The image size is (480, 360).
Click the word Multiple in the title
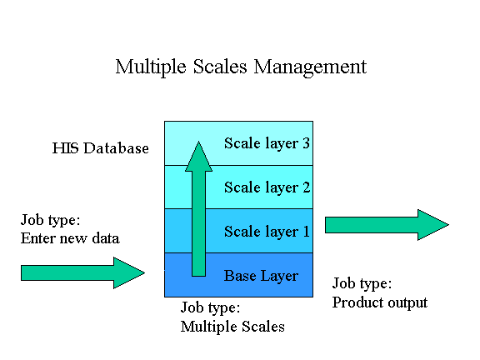pyautogui.click(x=151, y=67)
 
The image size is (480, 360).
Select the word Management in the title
pyautogui.click(x=310, y=67)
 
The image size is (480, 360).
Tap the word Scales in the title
pyautogui.click(x=220, y=67)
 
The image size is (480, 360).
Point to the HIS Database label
pyautogui.click(x=100, y=148)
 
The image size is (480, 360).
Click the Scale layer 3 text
pyautogui.click(x=267, y=144)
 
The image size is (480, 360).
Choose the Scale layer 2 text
pyautogui.click(x=267, y=187)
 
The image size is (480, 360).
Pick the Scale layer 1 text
pyautogui.click(x=267, y=232)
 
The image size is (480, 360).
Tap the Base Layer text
pyautogui.click(x=261, y=276)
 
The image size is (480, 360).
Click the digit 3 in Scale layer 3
pyautogui.click(x=306, y=143)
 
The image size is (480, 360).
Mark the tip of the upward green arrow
pyautogui.click(x=198, y=141)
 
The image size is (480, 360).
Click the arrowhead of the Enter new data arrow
pyautogui.click(x=129, y=272)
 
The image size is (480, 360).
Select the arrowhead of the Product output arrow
pyautogui.click(x=433, y=225)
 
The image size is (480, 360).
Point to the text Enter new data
pyautogui.click(x=70, y=238)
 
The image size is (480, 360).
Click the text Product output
pyautogui.click(x=380, y=302)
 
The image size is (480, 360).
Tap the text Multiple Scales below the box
pyautogui.click(x=232, y=327)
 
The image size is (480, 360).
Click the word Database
pyautogui.click(x=116, y=148)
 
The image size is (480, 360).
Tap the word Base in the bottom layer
pyautogui.click(x=240, y=276)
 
